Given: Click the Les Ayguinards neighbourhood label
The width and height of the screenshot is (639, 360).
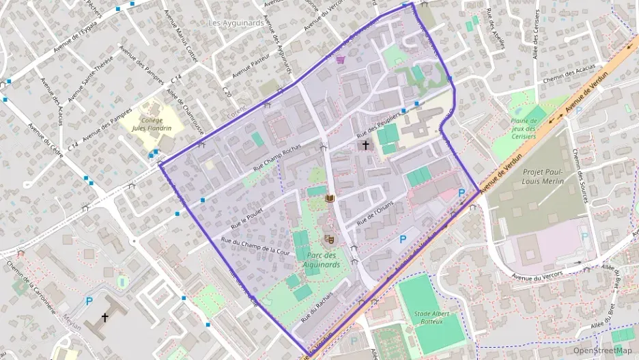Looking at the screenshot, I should point(236,23).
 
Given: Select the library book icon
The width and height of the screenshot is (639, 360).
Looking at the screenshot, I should point(331,199).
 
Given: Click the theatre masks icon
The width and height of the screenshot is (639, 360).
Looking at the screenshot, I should point(329,239).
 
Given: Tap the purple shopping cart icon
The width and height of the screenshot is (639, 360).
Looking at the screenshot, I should point(340,60).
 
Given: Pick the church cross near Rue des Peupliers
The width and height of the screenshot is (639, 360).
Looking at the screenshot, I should point(365,145).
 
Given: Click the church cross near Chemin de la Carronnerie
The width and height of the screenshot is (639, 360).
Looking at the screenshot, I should point(105,318).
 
